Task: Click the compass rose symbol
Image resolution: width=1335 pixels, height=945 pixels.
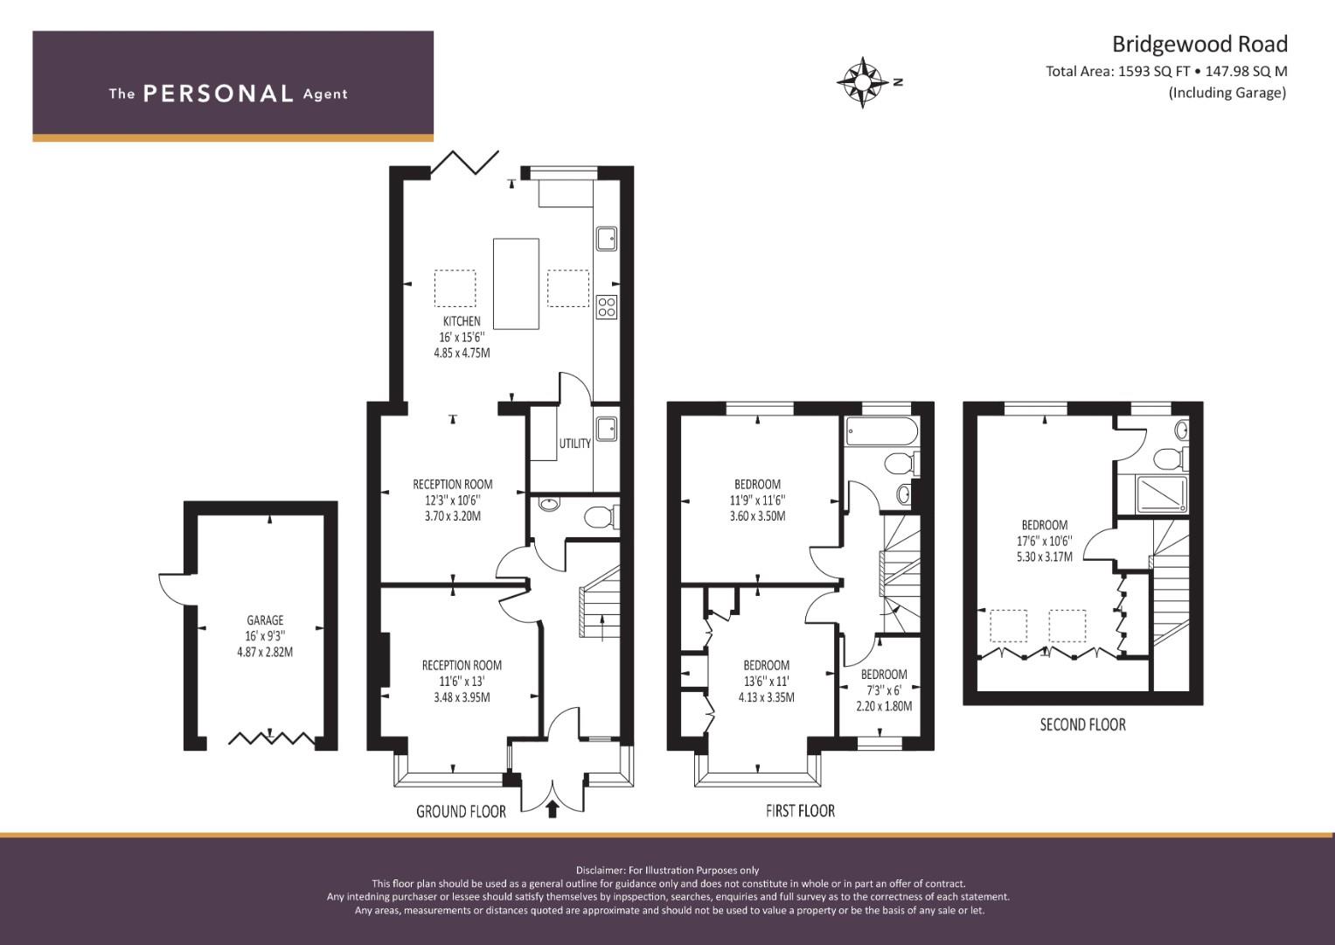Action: click(862, 82)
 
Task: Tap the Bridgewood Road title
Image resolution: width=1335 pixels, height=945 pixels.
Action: click(1199, 44)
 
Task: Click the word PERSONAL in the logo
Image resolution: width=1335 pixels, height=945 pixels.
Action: click(219, 94)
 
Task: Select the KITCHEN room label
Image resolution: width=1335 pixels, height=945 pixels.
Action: click(462, 321)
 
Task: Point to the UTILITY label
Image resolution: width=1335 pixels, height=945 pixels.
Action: click(574, 444)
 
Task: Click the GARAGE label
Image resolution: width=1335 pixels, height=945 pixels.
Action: click(265, 619)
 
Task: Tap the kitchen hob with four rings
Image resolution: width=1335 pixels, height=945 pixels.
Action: click(607, 307)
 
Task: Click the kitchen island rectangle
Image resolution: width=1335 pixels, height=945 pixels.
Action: click(516, 284)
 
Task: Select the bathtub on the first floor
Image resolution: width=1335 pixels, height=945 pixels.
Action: click(882, 431)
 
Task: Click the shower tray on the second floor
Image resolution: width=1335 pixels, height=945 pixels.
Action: click(1162, 494)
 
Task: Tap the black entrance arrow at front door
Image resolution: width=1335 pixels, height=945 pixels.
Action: click(552, 808)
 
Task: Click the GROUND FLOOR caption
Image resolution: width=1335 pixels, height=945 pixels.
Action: click(462, 811)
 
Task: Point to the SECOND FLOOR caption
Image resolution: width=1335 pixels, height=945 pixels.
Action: click(1083, 724)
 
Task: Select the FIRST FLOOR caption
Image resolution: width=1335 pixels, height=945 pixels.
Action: click(801, 811)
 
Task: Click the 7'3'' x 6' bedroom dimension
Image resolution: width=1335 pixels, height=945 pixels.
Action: click(884, 690)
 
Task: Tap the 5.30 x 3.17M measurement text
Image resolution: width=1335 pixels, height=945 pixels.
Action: click(1045, 556)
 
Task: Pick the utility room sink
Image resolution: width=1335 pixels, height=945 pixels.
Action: click(606, 429)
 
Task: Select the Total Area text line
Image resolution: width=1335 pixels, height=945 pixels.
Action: click(1166, 72)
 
